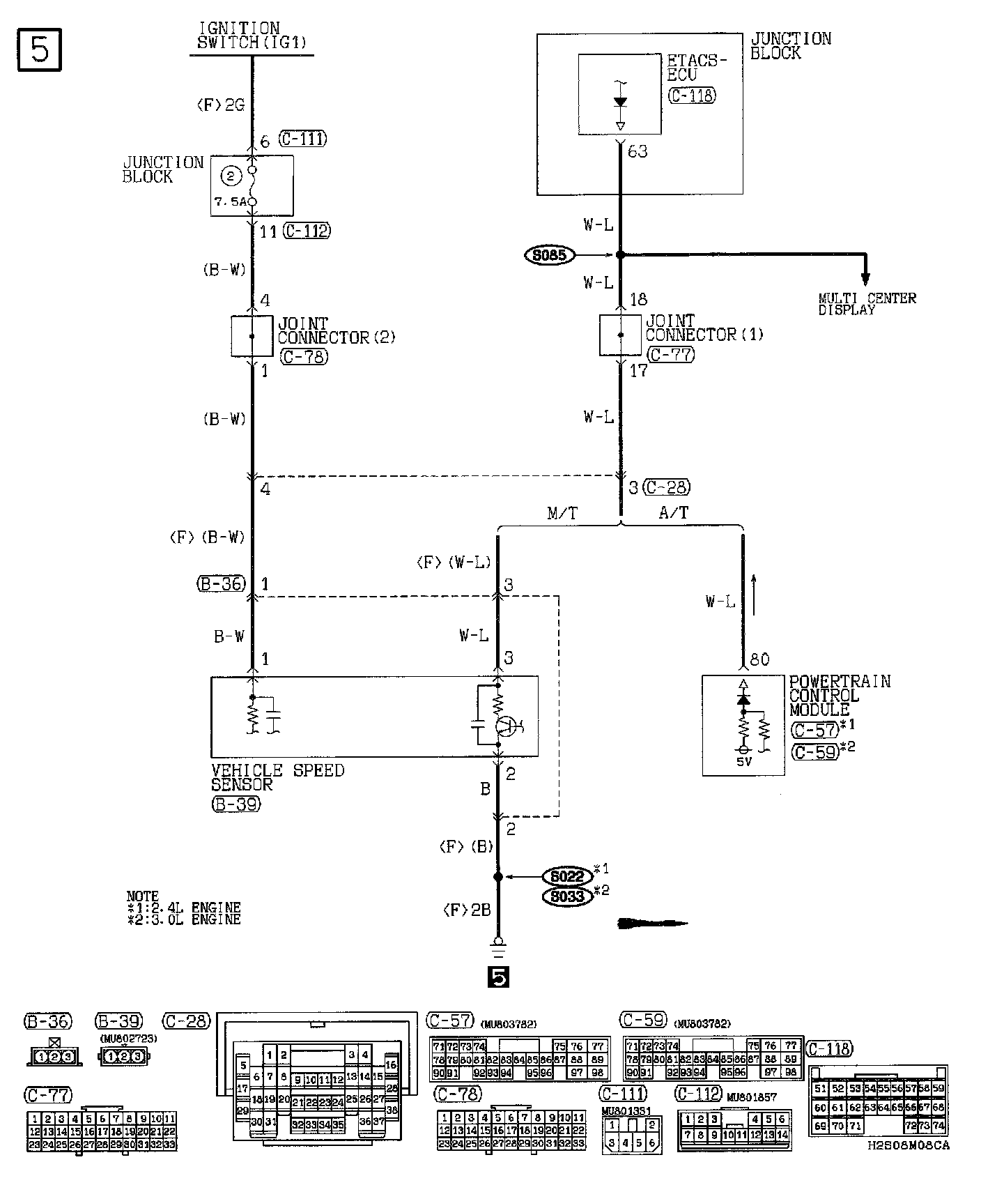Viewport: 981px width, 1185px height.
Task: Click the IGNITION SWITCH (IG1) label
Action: (252, 36)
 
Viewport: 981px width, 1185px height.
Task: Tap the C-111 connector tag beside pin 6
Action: (302, 139)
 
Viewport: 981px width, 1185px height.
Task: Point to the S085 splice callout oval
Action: (550, 255)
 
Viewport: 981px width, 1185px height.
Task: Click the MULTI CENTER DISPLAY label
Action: (867, 304)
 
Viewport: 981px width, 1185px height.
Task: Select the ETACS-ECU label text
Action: (697, 67)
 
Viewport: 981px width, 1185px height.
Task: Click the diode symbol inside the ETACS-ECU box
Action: (619, 102)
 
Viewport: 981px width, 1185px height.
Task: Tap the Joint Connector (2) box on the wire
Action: (252, 336)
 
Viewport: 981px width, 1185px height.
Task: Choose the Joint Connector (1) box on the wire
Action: (620, 335)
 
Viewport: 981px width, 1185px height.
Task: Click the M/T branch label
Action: (562, 514)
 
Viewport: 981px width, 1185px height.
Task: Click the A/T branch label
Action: (673, 514)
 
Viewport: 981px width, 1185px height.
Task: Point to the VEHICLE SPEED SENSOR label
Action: (277, 777)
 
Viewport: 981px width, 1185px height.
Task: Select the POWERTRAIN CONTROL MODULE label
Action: (839, 696)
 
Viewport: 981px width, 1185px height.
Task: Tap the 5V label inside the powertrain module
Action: (743, 762)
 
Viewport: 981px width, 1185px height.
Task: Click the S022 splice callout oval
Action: (566, 876)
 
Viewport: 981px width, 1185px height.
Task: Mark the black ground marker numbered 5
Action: (499, 979)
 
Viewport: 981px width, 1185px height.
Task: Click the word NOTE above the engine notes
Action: (142, 896)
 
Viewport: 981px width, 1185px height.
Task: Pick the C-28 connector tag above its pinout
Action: (186, 1021)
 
